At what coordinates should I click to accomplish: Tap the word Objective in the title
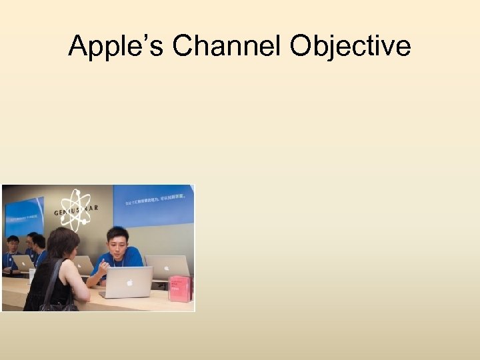(351, 46)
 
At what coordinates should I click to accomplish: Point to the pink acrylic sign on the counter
(180, 289)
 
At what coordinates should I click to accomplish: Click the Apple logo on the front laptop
(129, 282)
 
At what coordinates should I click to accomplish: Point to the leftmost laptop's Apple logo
(25, 263)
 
